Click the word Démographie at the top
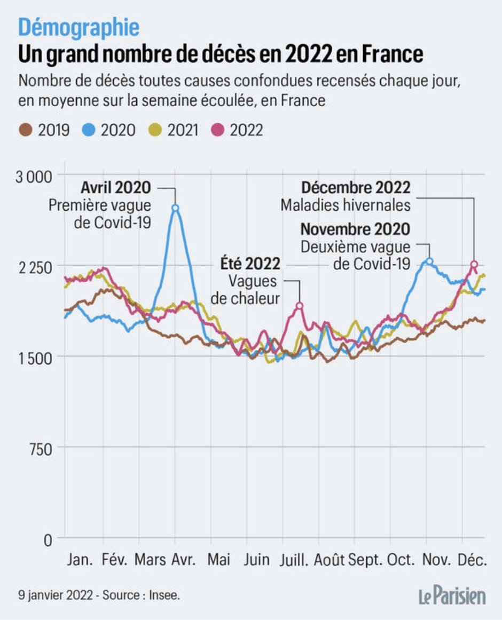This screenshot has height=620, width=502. (x=79, y=27)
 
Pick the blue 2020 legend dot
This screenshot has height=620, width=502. (x=89, y=130)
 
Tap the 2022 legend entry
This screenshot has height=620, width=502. (x=239, y=130)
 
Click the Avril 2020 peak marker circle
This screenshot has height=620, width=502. (x=175, y=208)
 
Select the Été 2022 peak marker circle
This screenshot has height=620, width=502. (x=300, y=306)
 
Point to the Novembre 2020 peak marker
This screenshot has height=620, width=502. (x=429, y=261)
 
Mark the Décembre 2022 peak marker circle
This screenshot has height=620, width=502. (x=474, y=264)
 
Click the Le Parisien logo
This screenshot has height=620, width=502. (x=451, y=595)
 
